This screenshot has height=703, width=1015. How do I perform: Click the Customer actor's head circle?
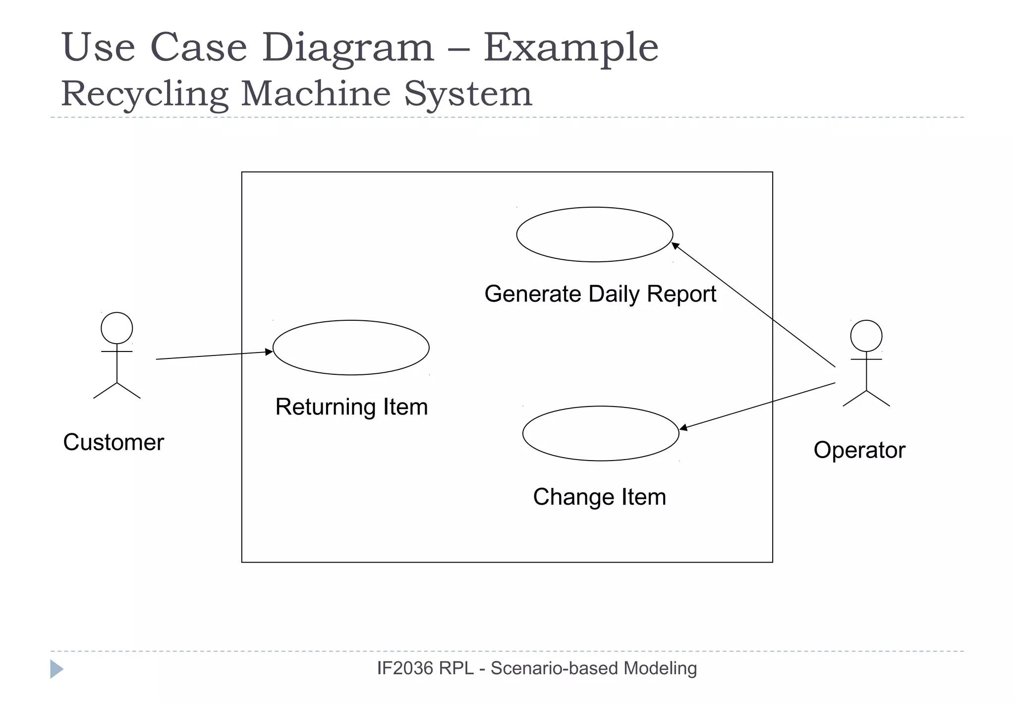[116, 328]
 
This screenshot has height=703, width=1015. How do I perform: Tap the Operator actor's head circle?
[866, 336]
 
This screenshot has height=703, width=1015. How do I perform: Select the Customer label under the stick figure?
[113, 442]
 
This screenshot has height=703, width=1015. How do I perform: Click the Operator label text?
[859, 450]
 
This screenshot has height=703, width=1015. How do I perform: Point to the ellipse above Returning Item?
[351, 348]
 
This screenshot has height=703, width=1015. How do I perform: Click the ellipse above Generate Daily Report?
[594, 234]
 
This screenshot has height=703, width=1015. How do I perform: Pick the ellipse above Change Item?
[601, 433]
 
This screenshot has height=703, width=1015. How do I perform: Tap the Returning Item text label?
[351, 407]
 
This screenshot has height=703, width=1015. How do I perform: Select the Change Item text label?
[599, 497]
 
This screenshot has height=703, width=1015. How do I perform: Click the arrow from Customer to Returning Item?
[213, 355]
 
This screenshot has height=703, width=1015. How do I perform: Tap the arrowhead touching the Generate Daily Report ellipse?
[675, 245]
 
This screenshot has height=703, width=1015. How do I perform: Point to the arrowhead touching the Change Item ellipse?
[683, 427]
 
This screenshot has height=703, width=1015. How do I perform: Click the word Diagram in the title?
[348, 48]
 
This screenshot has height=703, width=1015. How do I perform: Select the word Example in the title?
[570, 48]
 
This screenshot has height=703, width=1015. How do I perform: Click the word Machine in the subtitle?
[316, 93]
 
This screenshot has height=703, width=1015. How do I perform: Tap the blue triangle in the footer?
[56, 669]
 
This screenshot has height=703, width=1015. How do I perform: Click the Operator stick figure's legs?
[866, 399]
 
